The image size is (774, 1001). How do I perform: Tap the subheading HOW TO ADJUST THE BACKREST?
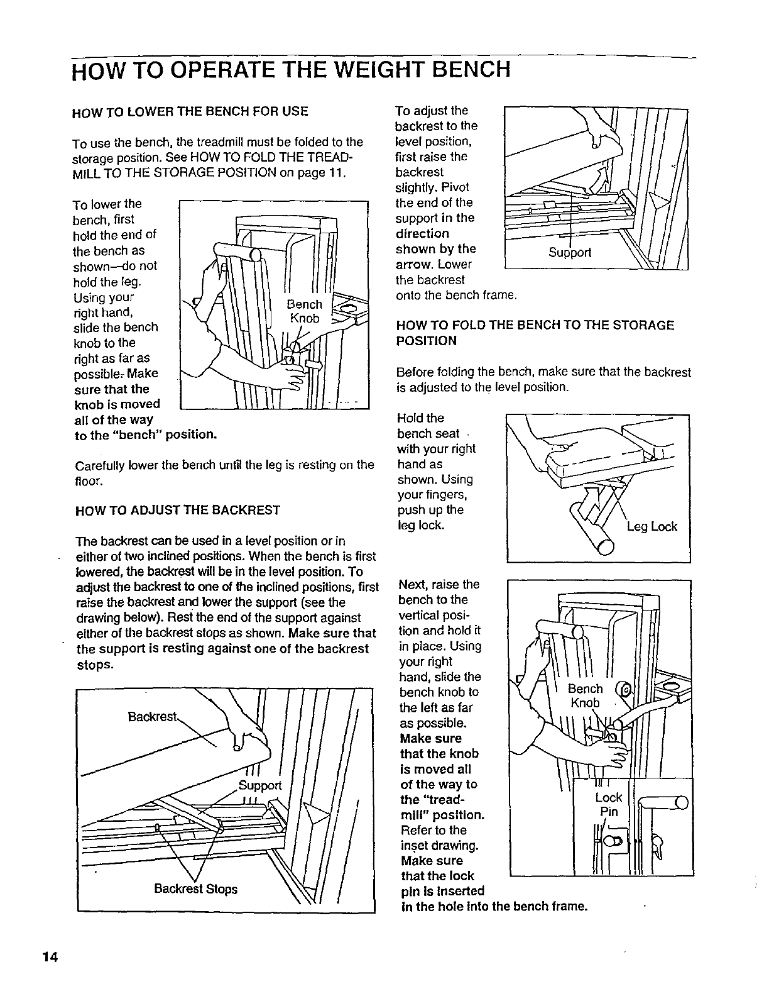click(x=177, y=510)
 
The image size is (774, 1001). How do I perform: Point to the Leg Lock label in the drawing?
click(x=652, y=527)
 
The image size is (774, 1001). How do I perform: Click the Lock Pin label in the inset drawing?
click(x=608, y=804)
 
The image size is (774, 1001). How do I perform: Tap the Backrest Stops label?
click(x=196, y=889)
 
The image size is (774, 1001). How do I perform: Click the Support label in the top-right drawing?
click(x=570, y=253)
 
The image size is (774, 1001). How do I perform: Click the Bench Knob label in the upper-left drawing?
click(x=305, y=311)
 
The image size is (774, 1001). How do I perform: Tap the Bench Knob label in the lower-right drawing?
click(x=586, y=695)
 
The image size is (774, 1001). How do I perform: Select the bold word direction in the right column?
click(x=422, y=233)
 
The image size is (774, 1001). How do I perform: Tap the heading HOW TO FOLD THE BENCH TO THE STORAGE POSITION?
click(x=535, y=333)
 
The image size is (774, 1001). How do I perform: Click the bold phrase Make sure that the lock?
click(x=437, y=868)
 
